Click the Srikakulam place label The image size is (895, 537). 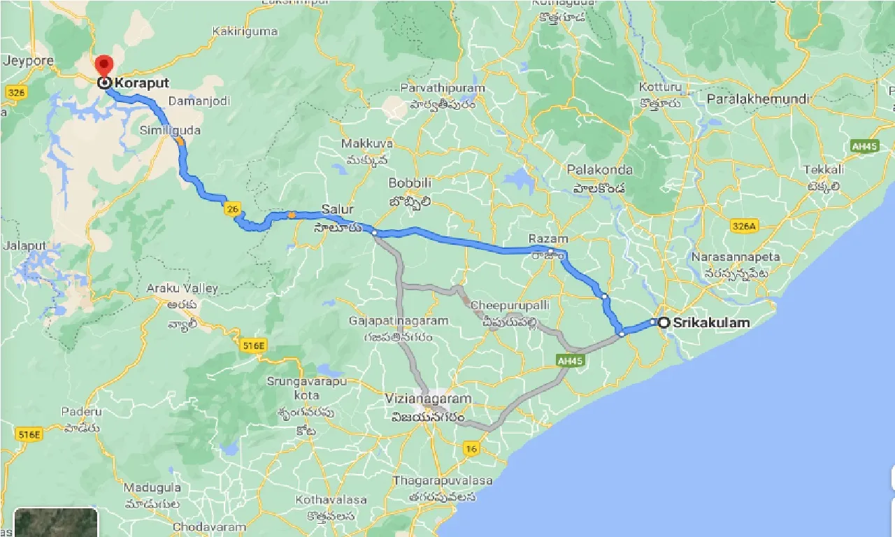(x=710, y=322)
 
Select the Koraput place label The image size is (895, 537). (x=143, y=83)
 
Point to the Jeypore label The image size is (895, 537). (x=29, y=61)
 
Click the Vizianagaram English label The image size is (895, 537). (x=428, y=399)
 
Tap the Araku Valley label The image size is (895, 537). (x=182, y=288)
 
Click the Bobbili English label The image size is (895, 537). (x=410, y=182)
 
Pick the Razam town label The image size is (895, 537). (x=548, y=239)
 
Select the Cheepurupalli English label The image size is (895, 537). (x=510, y=306)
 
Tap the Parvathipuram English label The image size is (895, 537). (x=442, y=88)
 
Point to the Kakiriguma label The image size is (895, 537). (x=244, y=31)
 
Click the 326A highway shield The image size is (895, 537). (x=743, y=226)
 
